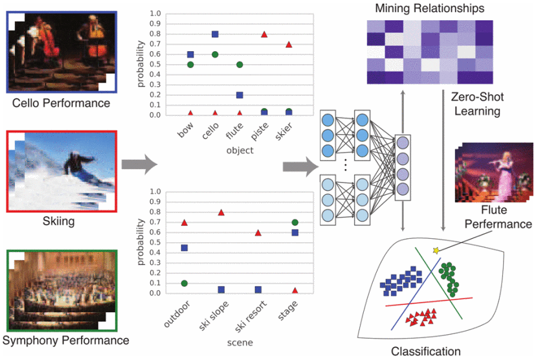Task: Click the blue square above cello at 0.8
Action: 215,34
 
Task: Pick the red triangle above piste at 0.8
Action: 264,34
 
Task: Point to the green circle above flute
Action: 240,65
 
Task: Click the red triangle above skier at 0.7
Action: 289,45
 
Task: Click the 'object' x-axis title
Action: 240,150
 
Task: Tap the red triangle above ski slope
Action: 221,212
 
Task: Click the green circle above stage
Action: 295,223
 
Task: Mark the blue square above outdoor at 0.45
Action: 185,248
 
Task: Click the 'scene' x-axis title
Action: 240,342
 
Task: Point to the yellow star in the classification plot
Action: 436,250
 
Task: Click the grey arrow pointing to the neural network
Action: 298,167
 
